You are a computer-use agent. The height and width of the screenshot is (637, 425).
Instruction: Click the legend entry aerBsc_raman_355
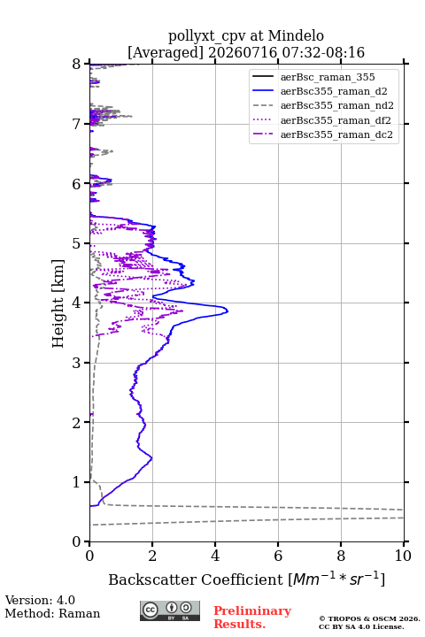(x=328, y=77)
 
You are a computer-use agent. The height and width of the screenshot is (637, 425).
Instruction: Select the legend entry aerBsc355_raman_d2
(x=334, y=91)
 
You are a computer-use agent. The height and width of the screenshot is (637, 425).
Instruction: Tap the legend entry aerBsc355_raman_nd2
(x=336, y=105)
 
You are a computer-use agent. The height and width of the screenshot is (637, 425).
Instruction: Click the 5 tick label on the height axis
(x=77, y=243)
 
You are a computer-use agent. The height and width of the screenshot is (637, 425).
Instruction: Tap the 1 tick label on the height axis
(x=77, y=482)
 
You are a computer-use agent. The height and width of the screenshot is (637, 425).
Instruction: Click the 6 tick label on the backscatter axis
(x=278, y=556)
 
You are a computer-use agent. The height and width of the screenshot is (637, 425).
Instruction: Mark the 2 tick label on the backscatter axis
(x=152, y=556)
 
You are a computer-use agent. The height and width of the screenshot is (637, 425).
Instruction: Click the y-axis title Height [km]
(x=58, y=303)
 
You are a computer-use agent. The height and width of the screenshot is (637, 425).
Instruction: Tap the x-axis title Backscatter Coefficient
(x=195, y=579)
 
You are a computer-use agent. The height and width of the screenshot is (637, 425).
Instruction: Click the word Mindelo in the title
(x=296, y=35)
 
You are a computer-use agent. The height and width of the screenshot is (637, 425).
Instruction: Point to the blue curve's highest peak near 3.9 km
(x=228, y=311)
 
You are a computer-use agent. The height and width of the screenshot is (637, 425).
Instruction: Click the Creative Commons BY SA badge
(x=170, y=610)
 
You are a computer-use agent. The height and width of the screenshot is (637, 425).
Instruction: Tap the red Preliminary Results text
(x=252, y=618)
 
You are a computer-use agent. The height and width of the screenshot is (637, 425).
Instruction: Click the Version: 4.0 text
(x=40, y=600)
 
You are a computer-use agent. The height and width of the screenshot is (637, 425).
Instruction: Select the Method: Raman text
(x=52, y=613)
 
